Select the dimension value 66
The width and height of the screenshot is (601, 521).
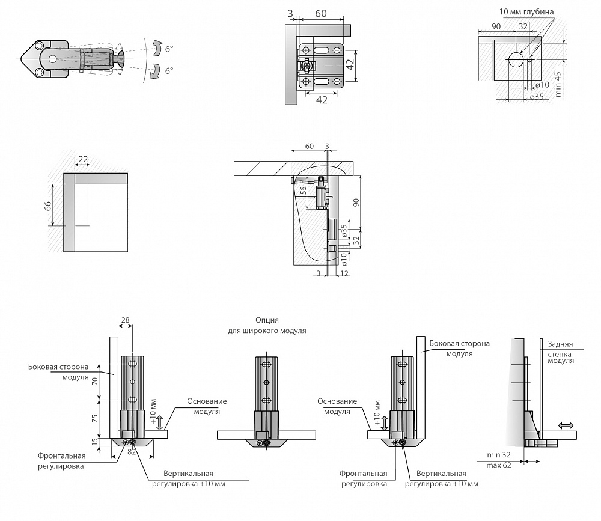click(x=47, y=206)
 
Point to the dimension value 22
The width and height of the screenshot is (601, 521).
click(x=83, y=159)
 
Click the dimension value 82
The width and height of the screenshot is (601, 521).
click(x=132, y=450)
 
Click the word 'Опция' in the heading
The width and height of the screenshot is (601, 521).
click(x=267, y=320)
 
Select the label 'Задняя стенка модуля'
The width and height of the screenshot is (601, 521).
click(x=560, y=352)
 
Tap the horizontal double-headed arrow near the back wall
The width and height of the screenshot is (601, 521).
click(x=566, y=425)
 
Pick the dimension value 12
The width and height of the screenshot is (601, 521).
click(x=344, y=273)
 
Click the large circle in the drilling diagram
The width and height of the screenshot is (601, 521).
click(x=516, y=59)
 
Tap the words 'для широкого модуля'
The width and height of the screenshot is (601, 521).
click(x=267, y=331)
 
